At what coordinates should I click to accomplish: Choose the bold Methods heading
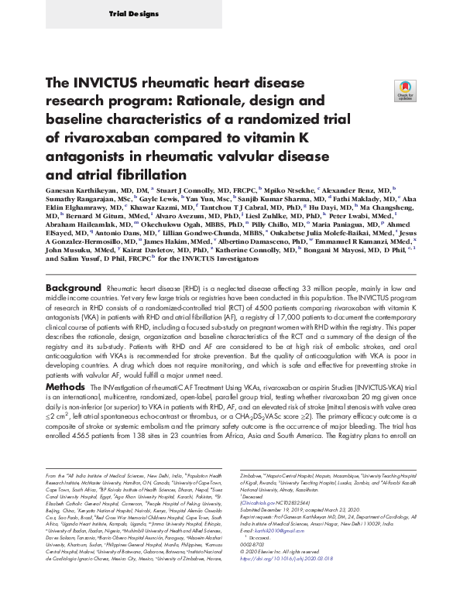point(66,385)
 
